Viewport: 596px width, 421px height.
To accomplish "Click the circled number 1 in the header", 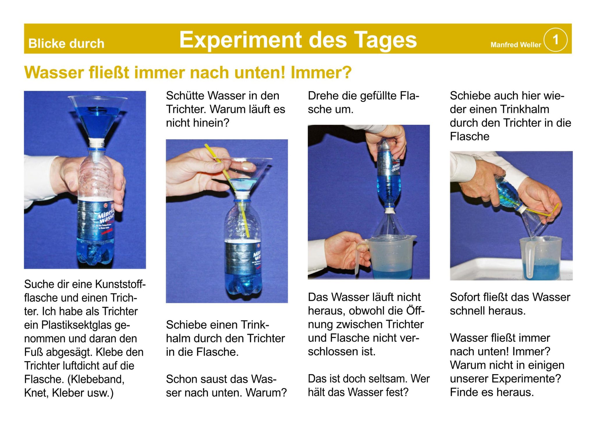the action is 555,40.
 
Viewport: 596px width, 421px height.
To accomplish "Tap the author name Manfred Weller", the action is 515,45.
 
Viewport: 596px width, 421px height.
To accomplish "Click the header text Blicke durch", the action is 66,44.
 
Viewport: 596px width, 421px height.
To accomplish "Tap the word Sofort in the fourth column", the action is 465,297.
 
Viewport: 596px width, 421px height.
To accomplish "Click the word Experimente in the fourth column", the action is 526,379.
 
